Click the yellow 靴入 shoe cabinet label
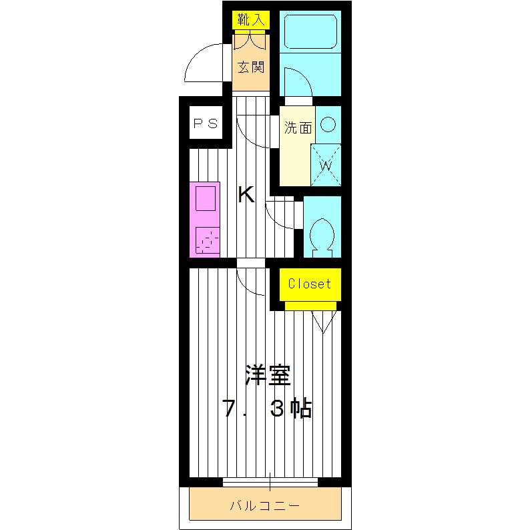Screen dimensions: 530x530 pos(250,20)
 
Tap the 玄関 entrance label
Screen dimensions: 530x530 pos(251,67)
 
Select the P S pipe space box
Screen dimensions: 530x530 pos(206,123)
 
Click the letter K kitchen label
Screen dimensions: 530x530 pos(246,195)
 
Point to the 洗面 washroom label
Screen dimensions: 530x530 pos(298,128)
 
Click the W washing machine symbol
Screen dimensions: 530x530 pos(326,164)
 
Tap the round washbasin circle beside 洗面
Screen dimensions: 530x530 pos(327,124)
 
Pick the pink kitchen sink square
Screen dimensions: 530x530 pos(205,200)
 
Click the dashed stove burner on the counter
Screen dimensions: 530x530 pos(207,239)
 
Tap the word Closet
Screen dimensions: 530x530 pos(309,284)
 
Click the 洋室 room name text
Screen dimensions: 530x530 pos(268,376)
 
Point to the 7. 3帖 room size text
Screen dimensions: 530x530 pos(268,409)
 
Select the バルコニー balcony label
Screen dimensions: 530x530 pos(265,505)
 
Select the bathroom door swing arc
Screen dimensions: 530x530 pos(297,83)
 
